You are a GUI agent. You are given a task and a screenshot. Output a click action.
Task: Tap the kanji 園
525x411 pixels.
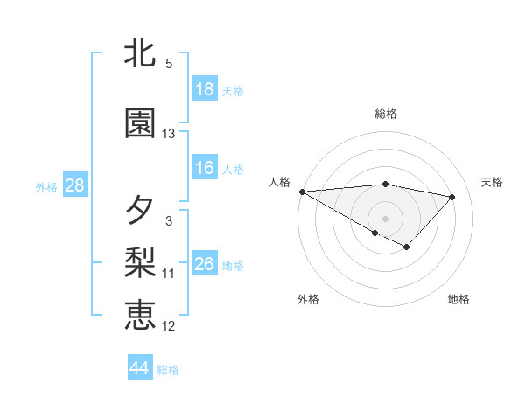point(140,124)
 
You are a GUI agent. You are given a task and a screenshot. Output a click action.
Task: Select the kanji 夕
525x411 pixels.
point(140,211)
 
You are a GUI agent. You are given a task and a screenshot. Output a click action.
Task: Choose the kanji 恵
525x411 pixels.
point(140,314)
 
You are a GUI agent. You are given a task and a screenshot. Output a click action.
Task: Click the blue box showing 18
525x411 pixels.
point(205,89)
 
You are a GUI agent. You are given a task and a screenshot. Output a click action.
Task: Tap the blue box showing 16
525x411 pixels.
point(205,168)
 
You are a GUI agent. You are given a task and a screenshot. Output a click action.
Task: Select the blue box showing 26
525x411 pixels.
point(205,264)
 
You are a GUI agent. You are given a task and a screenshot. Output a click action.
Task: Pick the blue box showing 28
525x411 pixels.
point(74,185)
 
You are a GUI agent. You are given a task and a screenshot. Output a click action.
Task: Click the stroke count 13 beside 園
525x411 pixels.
point(169,134)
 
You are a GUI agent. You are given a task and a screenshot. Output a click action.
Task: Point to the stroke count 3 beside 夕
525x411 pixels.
point(169,221)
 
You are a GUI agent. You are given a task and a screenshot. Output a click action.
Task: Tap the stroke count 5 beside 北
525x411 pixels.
point(169,64)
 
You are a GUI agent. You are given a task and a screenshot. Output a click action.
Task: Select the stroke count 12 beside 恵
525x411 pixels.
point(169,326)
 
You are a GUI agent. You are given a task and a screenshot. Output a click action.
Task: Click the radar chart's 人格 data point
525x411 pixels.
point(302,192)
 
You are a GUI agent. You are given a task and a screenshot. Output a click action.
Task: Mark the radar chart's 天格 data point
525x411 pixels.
point(451,197)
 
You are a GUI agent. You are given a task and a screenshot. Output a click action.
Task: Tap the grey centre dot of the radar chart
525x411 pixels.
point(384,218)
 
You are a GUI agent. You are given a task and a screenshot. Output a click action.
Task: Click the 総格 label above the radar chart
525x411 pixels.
point(385,114)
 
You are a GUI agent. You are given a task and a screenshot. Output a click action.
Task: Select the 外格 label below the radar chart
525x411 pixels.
point(308,299)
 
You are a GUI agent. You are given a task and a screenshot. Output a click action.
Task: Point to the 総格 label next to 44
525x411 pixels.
point(168,370)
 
